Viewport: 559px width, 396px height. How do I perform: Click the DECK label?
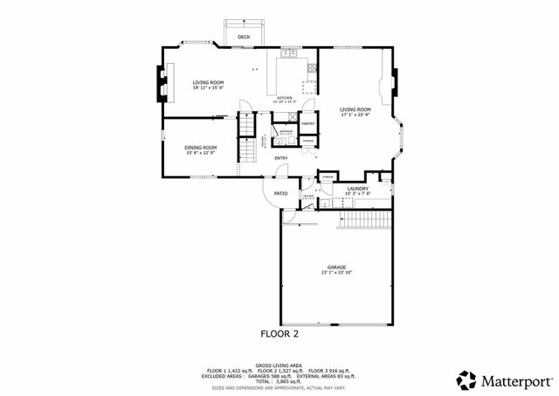(x=244, y=37)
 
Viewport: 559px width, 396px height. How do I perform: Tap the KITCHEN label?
(x=285, y=97)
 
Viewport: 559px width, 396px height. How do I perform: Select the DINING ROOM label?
(x=200, y=148)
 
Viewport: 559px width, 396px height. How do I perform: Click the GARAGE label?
(x=337, y=267)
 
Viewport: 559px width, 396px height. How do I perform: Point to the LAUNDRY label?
(x=356, y=188)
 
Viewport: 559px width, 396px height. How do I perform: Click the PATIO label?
(x=281, y=193)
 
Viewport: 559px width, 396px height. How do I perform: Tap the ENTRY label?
(x=281, y=158)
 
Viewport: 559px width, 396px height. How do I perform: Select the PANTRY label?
(x=308, y=124)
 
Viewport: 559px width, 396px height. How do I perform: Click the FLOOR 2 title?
(x=279, y=334)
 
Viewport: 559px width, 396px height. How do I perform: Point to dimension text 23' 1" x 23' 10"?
(x=337, y=273)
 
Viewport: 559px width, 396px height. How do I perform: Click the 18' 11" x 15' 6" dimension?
(x=208, y=87)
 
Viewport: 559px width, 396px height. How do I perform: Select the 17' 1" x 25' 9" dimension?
(x=355, y=115)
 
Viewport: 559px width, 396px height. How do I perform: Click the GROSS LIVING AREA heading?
(x=279, y=366)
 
